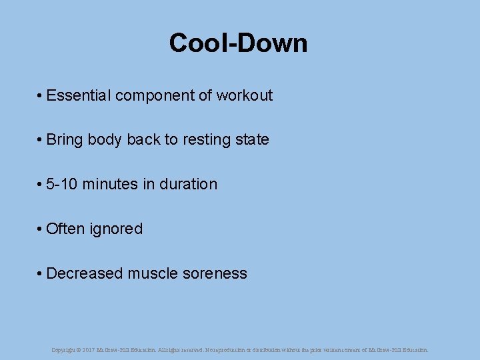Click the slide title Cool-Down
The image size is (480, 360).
pos(238,43)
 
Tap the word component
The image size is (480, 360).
pos(154,95)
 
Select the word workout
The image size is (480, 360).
pos(245,95)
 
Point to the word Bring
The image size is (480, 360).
pos(64,140)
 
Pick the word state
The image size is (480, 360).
pos(254,140)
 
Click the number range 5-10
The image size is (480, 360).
pos(62,185)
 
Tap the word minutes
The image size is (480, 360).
pos(110,185)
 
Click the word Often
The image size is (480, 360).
pos(65,229)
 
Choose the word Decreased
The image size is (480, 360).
pos(85,274)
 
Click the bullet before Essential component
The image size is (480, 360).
pos(41,96)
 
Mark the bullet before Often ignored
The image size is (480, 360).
pos(41,229)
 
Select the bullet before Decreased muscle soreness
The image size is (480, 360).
pos(41,274)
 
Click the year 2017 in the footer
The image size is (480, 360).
pos(89,349)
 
